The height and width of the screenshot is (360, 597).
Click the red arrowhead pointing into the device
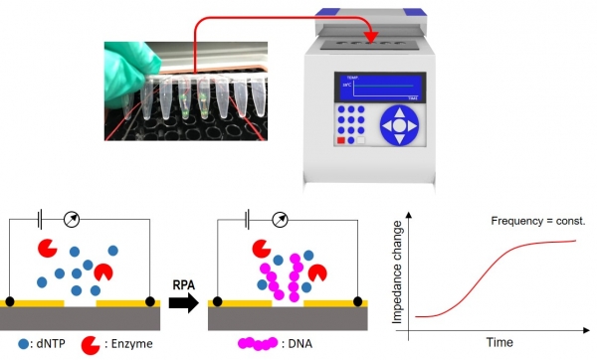[373, 39]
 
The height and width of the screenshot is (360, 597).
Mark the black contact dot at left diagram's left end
[9, 300]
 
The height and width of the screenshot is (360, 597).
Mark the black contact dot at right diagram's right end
[363, 300]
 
